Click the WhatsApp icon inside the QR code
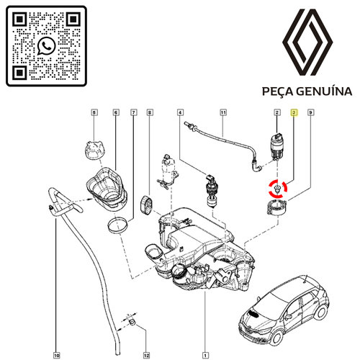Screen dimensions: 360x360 (x=47, y=46)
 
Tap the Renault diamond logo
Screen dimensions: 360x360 (x=307, y=42)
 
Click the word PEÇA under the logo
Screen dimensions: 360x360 (x=278, y=91)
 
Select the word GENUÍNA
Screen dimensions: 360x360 (x=324, y=91)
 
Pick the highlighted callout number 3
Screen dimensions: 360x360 (x=294, y=112)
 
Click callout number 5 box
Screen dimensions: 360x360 (x=94, y=112)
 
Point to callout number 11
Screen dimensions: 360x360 (x=223, y=112)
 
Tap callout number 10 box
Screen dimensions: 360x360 (x=57, y=355)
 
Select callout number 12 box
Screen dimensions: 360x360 (x=146, y=355)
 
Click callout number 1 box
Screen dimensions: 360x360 (x=205, y=355)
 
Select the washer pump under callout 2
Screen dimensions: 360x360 (x=276, y=146)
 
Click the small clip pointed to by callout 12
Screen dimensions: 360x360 (x=132, y=322)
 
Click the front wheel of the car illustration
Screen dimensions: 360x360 (x=275, y=336)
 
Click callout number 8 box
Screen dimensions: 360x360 (x=150, y=112)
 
